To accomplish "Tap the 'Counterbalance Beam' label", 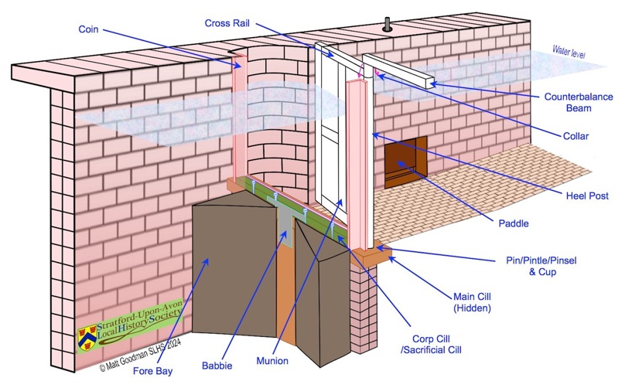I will pos(578,103).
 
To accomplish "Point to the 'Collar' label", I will pos(576,137).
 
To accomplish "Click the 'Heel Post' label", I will pos(586,196).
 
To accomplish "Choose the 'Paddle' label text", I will pos(513,224).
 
